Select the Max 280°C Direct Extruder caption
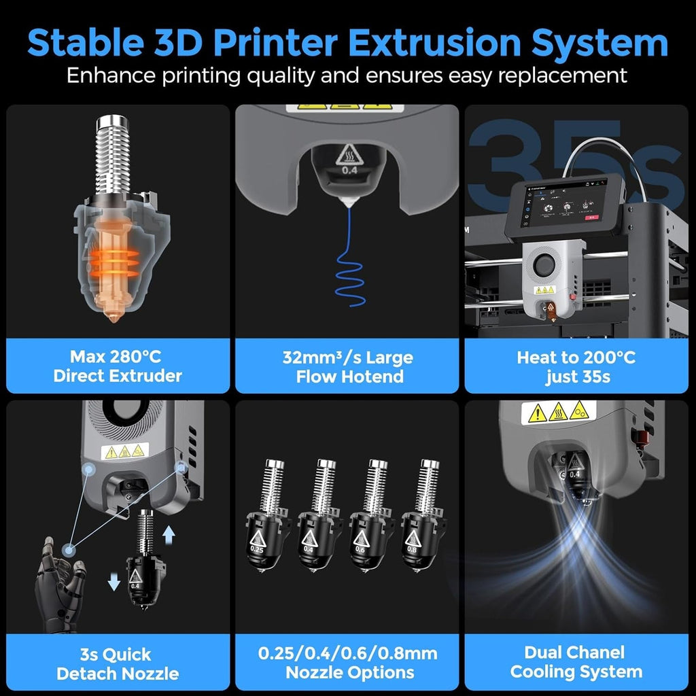[x=118, y=366]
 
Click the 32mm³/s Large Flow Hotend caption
[x=347, y=366]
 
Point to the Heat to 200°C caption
[x=576, y=358]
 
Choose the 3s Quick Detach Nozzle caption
[x=118, y=664]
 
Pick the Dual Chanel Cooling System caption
[x=576, y=662]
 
